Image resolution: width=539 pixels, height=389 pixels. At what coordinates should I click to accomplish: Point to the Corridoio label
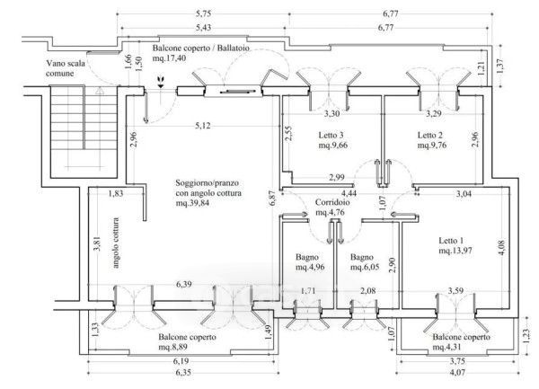332,202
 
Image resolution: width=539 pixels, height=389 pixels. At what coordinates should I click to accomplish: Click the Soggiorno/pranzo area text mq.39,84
192,203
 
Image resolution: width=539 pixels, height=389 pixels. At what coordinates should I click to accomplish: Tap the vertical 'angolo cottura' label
116,243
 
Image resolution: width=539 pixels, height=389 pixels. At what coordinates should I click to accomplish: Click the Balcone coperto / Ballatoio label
200,49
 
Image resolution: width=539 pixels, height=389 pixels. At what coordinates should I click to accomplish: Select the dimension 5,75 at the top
204,13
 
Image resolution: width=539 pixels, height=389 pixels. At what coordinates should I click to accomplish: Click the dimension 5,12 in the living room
203,126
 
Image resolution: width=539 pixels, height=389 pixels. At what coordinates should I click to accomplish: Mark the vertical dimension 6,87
273,199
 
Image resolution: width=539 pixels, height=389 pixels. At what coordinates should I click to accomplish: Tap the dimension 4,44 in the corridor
349,193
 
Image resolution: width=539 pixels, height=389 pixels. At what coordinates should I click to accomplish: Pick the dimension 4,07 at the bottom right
457,372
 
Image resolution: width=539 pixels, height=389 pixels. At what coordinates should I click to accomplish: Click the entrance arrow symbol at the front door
160,81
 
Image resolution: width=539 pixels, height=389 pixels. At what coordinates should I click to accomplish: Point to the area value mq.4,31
446,348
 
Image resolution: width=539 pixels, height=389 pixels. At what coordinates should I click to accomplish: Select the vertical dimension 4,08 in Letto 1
501,247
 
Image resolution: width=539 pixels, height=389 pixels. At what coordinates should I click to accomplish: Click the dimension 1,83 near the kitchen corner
116,193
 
